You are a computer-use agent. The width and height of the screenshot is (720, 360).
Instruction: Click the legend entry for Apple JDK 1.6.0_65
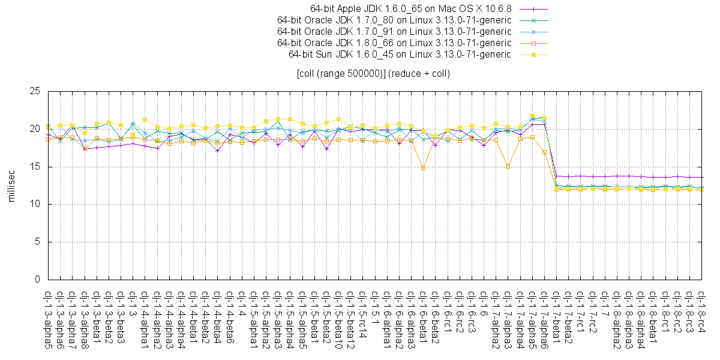(410, 9)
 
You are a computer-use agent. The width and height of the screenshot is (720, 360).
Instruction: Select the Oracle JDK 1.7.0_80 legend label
(394, 20)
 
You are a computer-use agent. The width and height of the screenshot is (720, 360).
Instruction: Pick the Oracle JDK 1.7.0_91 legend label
(394, 32)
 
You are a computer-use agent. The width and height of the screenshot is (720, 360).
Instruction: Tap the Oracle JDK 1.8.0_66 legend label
(394, 43)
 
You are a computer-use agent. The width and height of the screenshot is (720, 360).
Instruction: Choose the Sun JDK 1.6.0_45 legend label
(400, 55)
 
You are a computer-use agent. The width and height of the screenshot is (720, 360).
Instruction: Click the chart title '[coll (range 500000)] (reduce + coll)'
(373, 74)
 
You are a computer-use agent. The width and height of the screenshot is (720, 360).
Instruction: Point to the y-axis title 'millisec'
(11, 185)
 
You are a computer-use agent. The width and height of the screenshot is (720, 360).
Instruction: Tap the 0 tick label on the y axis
(37, 280)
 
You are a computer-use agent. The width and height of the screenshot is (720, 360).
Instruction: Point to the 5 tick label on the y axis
(37, 242)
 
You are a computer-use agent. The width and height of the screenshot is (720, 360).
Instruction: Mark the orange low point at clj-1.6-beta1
(423, 168)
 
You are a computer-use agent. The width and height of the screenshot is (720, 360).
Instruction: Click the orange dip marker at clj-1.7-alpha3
(508, 166)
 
